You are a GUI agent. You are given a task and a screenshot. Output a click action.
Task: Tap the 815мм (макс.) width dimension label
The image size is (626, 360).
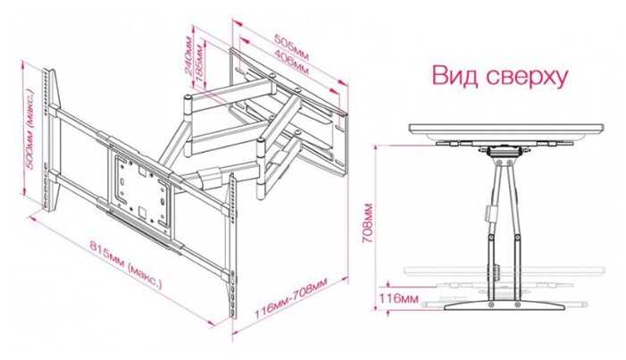(117, 260)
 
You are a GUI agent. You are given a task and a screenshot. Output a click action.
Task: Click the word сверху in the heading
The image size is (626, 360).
(528, 75)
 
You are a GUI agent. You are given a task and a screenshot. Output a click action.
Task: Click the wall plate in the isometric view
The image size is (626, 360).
(286, 121)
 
